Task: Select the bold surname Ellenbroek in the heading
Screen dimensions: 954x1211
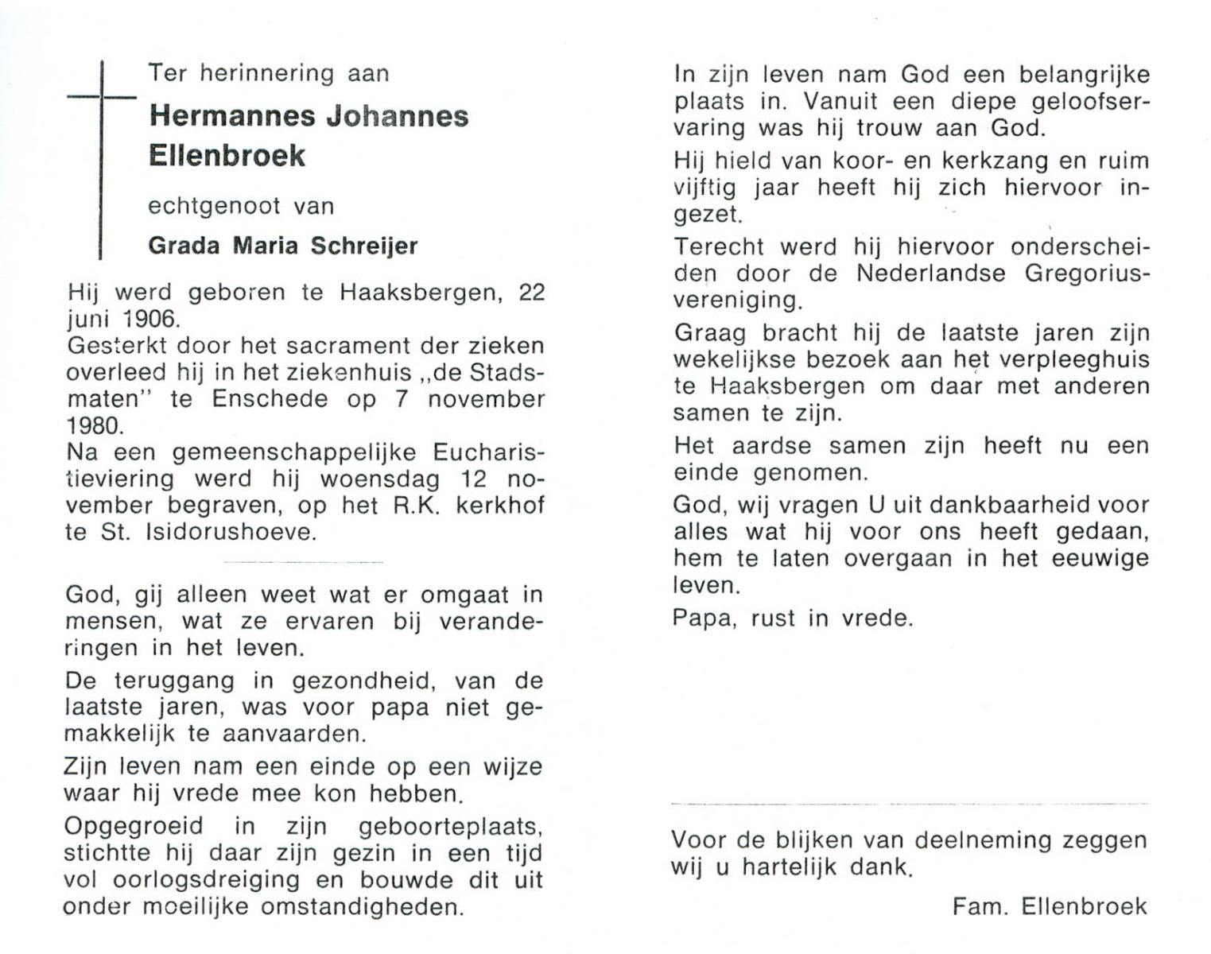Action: click(227, 155)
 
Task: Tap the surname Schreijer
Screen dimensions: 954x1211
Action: click(364, 246)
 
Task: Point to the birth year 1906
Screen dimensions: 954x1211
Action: click(151, 319)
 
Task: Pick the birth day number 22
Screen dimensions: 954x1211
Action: click(531, 293)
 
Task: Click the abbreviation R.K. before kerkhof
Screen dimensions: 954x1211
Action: click(416, 506)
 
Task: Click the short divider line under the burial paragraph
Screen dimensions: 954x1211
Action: click(304, 562)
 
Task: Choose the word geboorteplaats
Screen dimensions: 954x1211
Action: click(450, 827)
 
